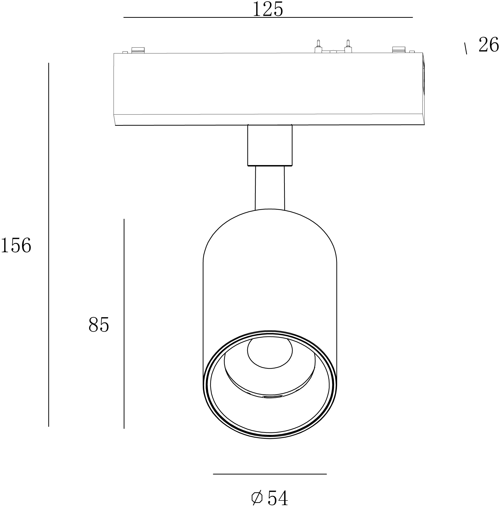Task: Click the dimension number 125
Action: [x=268, y=9]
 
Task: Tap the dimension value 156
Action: [x=16, y=245]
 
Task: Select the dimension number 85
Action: [x=98, y=325]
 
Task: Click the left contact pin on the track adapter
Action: [x=318, y=46]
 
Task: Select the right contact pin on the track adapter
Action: [x=348, y=46]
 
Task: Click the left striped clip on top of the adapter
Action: [x=138, y=50]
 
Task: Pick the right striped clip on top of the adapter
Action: [x=399, y=50]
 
